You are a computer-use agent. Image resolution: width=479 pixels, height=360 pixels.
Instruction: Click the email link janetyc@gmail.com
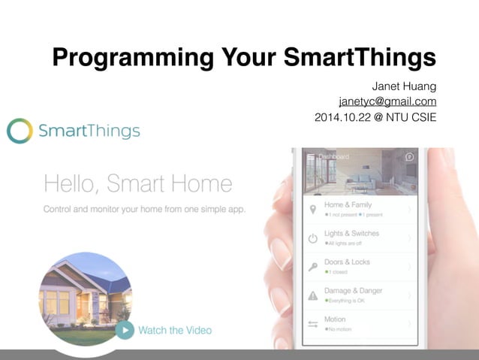(x=387, y=101)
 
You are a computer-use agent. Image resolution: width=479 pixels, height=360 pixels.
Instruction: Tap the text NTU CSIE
(x=413, y=118)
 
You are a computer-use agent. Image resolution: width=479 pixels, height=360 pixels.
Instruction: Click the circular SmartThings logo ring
(x=20, y=131)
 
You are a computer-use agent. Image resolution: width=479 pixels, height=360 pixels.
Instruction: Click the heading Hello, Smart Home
(x=138, y=183)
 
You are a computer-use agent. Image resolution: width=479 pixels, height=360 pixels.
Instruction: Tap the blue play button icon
(x=125, y=329)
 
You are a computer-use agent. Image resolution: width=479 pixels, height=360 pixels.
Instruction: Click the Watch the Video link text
(x=175, y=330)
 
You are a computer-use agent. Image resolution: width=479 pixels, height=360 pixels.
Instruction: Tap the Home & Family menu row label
(x=348, y=204)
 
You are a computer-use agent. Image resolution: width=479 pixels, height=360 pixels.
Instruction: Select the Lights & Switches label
(x=351, y=233)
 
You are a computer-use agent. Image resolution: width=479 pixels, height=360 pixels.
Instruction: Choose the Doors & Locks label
(x=347, y=262)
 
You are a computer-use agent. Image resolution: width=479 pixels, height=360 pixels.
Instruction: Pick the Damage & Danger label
(x=353, y=290)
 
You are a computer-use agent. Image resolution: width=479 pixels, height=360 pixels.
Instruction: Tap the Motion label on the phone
(x=335, y=319)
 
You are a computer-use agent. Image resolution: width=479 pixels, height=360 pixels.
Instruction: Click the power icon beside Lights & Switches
(x=313, y=239)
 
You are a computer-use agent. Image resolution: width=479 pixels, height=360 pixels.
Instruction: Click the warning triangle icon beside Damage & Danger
(x=313, y=295)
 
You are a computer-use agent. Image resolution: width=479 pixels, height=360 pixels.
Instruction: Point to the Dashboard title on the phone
(x=334, y=156)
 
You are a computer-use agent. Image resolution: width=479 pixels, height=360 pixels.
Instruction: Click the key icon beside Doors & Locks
(x=313, y=267)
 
